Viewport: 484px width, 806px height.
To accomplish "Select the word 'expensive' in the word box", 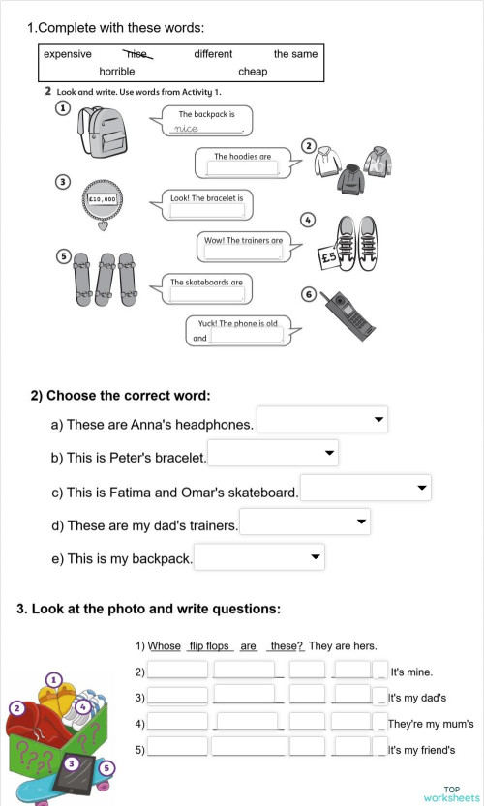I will [68, 54].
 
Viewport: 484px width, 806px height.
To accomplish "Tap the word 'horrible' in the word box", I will [117, 72].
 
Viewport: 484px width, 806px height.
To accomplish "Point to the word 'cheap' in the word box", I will [253, 72].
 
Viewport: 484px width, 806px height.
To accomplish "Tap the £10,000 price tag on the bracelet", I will [103, 199].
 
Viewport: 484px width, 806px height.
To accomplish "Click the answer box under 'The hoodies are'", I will [241, 168].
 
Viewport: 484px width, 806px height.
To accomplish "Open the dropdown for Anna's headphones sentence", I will [322, 420].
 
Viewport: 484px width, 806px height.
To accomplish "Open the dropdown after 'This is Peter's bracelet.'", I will [274, 453].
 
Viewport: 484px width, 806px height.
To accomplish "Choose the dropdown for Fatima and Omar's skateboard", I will [365, 488].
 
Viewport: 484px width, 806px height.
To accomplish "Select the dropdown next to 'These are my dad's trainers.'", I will [305, 522].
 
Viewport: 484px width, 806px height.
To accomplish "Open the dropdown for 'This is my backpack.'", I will [259, 557].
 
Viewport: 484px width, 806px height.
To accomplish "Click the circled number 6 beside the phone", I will [309, 294].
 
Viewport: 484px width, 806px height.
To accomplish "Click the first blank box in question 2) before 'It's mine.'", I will [177, 670].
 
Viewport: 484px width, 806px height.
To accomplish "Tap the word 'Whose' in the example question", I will [165, 646].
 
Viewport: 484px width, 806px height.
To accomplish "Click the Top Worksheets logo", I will [450, 793].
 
